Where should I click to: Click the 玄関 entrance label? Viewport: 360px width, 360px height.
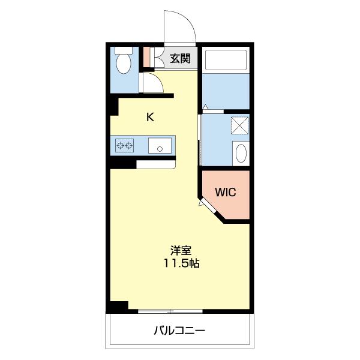(x=180, y=58)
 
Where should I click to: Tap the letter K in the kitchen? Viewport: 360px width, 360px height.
(x=151, y=117)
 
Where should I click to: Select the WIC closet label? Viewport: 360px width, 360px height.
(x=226, y=192)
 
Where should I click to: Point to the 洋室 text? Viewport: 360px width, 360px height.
(x=181, y=250)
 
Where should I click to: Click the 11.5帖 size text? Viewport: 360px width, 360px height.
(x=181, y=263)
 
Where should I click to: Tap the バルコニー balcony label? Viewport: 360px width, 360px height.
(x=179, y=331)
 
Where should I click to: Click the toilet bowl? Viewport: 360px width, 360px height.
(x=124, y=64)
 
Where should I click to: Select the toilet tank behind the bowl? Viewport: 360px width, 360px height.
(x=124, y=50)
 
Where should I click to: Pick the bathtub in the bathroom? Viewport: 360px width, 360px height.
(x=226, y=60)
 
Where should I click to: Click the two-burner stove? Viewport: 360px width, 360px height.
(x=124, y=145)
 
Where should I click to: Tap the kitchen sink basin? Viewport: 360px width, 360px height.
(x=160, y=146)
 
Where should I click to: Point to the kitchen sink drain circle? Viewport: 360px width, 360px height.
(x=160, y=149)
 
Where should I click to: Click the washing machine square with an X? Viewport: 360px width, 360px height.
(x=239, y=125)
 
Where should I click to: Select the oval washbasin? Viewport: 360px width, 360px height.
(x=241, y=153)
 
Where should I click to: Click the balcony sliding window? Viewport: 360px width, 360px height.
(x=170, y=311)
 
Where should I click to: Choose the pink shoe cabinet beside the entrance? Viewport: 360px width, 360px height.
(x=146, y=57)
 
